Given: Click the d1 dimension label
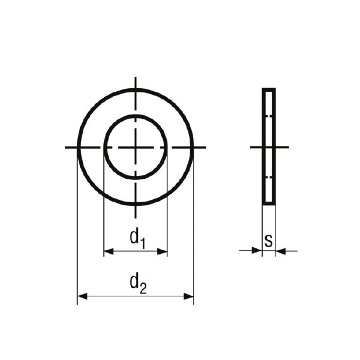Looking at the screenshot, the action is (x=137, y=239).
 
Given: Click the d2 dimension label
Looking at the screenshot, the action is (x=138, y=284).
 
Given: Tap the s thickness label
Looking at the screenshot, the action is (x=268, y=241).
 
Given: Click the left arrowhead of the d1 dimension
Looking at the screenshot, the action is (x=109, y=251).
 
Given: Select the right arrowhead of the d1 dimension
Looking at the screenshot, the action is (x=162, y=251).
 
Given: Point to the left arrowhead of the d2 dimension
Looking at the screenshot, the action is (x=82, y=296).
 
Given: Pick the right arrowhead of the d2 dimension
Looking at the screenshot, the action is (x=188, y=296).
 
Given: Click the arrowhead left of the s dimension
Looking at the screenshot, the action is (x=257, y=250).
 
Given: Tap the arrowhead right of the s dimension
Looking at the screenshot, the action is (x=281, y=251).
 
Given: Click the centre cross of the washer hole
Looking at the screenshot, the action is (x=136, y=147).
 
